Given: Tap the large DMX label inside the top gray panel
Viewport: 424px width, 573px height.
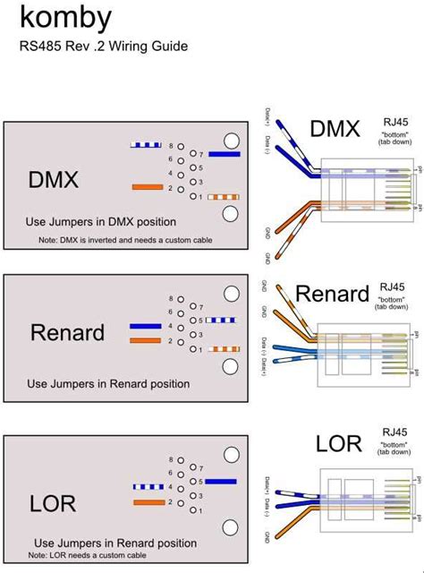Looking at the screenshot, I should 54,179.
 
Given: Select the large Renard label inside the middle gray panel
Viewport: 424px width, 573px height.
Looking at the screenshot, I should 69,333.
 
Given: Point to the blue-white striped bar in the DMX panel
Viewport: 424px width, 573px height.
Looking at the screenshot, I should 146,144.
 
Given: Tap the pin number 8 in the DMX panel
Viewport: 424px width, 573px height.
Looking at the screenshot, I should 170,144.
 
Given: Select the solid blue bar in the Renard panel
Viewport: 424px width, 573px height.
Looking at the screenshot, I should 145,327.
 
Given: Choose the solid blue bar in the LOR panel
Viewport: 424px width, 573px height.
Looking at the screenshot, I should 222,482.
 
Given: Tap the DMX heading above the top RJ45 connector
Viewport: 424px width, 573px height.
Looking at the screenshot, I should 335,130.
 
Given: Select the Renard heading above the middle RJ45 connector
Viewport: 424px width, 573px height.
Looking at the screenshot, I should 332,293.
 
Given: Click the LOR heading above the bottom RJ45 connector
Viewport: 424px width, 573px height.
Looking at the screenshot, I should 338,443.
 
